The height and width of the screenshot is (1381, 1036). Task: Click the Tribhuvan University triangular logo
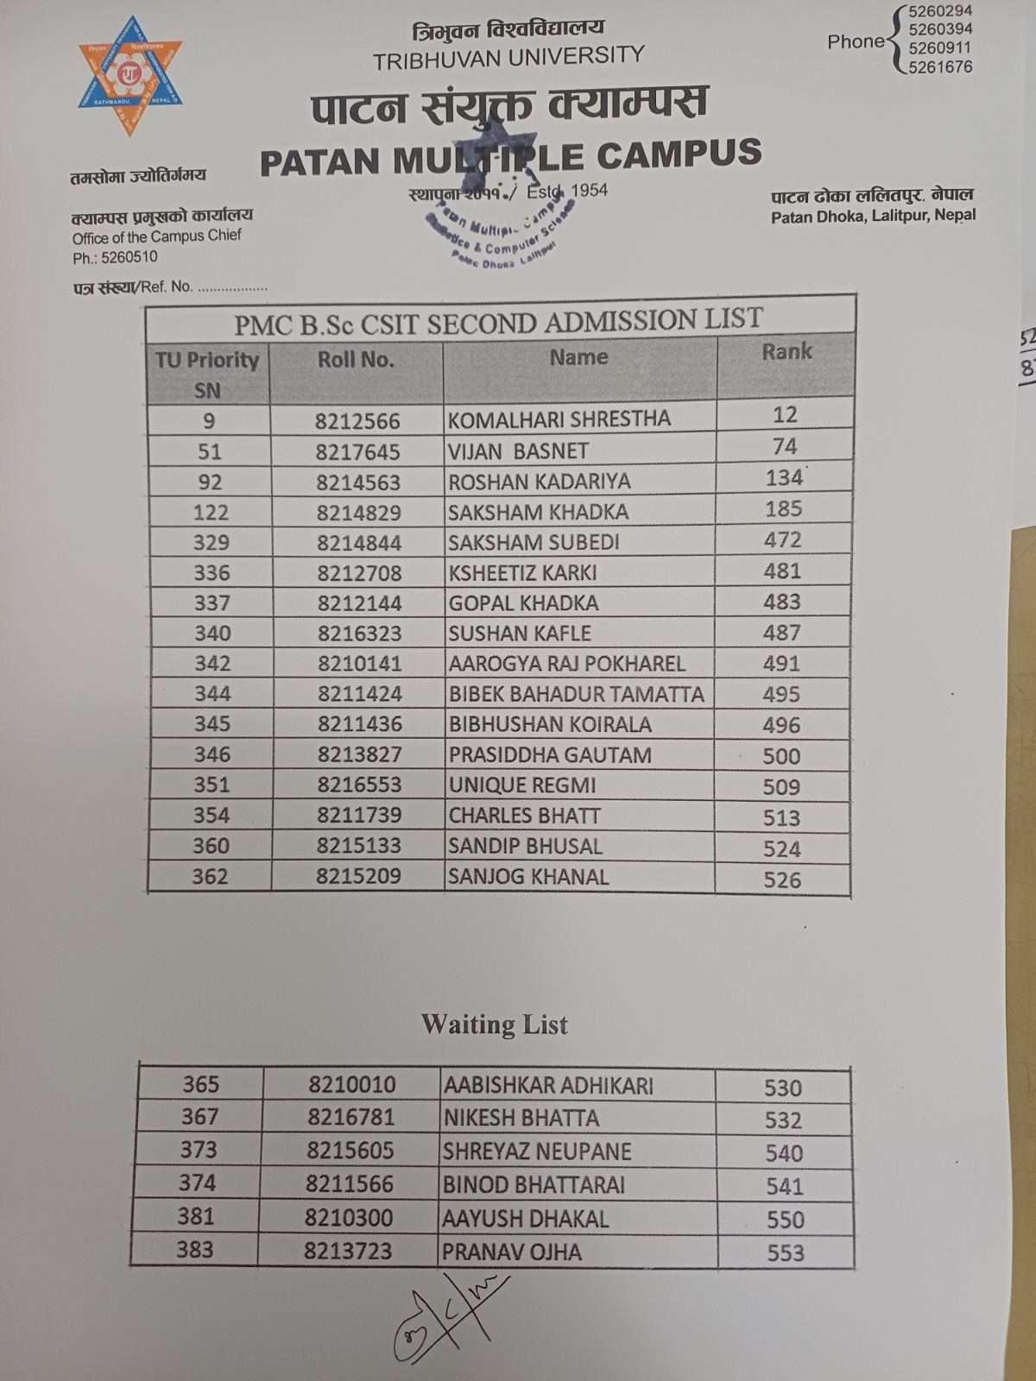[130, 75]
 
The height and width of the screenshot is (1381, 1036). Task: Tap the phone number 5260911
[939, 48]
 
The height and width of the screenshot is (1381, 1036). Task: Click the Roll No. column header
[356, 360]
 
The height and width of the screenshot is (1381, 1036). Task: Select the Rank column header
[786, 351]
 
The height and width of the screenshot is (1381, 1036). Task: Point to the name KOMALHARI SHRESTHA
[559, 419]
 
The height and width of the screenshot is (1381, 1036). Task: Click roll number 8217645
[357, 451]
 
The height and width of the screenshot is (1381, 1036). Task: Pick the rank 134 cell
[784, 477]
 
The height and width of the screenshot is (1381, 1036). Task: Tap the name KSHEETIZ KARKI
[522, 572]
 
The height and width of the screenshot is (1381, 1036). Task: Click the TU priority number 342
[212, 664]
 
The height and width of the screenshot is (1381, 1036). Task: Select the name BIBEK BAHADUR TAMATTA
[576, 694]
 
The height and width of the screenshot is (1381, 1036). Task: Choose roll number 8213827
[359, 755]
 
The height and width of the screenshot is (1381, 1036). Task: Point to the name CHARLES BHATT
[524, 816]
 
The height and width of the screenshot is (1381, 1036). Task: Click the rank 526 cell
[782, 880]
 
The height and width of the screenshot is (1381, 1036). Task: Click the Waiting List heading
[494, 1025]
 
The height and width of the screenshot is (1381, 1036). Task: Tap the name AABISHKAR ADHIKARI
[548, 1086]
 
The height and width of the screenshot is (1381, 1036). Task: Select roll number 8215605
[351, 1151]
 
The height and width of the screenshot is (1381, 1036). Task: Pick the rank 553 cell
[785, 1252]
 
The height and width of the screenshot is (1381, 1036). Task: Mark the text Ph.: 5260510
[115, 257]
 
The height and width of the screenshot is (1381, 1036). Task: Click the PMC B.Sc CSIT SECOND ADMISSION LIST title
[498, 321]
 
